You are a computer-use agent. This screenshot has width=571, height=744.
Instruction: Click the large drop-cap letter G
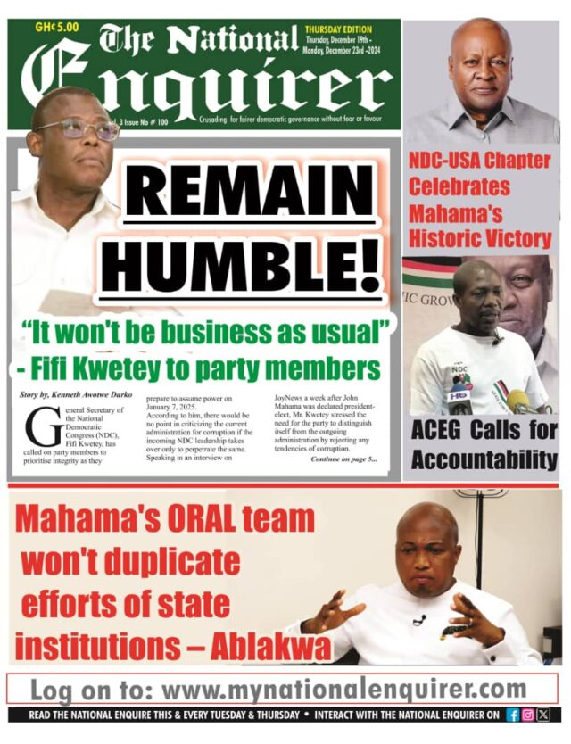tap(40, 427)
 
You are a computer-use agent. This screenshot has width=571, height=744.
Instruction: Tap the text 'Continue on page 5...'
tap(343, 459)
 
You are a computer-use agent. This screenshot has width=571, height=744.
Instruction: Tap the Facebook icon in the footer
tap(513, 715)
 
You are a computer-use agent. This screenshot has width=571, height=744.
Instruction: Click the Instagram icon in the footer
tap(527, 715)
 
